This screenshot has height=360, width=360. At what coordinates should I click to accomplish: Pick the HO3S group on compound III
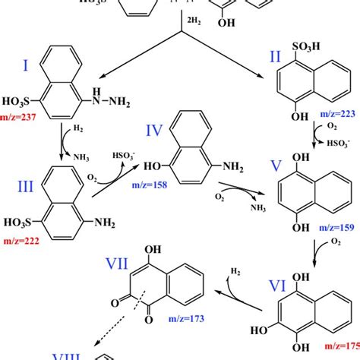[x=27, y=226]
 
